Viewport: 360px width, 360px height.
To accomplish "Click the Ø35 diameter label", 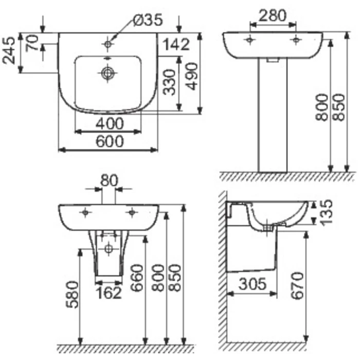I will pos(147,20).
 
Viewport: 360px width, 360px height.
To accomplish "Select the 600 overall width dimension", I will pos(109,141).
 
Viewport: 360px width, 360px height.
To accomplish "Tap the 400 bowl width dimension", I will pos(109,123).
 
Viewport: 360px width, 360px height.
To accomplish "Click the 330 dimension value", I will pos(170,82).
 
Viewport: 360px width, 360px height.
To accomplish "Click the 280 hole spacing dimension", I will pos(272,15).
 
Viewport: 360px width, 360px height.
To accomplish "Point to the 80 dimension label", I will pos(109,181).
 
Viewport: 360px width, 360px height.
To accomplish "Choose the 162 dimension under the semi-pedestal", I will pos(109,293).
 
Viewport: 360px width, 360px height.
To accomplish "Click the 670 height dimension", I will pos(297,286).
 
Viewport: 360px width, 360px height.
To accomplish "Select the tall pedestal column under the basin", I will pos(273,118).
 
